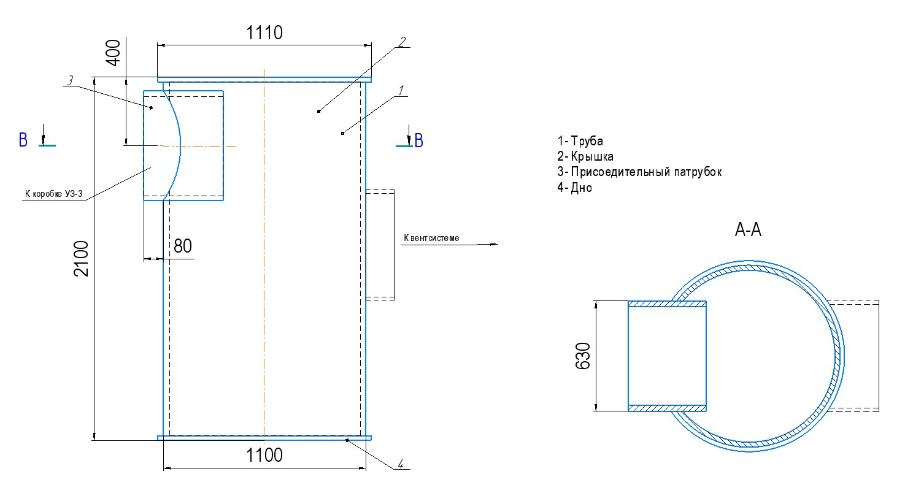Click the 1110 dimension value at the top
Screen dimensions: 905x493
264,32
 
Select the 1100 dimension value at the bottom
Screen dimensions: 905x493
264,455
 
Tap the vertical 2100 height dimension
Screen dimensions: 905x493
81,258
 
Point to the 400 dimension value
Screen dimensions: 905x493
113,53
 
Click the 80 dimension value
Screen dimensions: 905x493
183,246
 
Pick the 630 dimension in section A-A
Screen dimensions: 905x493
583,356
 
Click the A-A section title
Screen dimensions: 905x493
748,230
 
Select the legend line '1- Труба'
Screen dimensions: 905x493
580,141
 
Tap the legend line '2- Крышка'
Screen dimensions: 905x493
585,156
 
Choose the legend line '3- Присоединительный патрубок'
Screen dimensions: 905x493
639,172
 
